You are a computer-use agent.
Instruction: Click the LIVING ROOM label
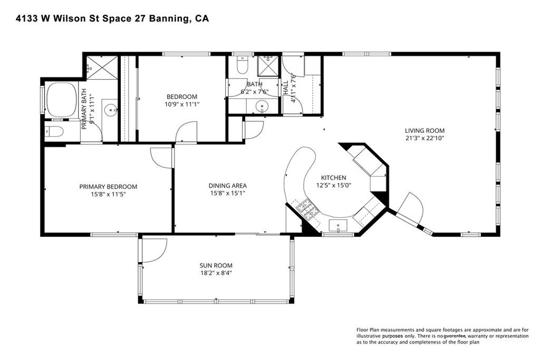425,130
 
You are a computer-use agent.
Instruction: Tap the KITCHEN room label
333,178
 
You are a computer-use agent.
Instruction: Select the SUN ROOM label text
216,265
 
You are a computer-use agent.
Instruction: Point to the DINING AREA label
228,186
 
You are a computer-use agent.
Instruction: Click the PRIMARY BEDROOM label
108,187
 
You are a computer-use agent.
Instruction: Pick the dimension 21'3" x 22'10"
425,138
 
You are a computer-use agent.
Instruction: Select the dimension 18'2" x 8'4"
216,273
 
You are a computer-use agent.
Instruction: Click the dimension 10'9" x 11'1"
182,104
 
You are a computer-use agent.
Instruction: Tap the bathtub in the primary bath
62,100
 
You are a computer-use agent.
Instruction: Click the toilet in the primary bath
54,132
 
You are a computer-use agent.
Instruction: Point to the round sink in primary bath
111,111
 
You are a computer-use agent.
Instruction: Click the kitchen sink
338,226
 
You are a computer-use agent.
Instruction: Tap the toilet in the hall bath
243,65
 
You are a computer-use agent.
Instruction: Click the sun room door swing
154,249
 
